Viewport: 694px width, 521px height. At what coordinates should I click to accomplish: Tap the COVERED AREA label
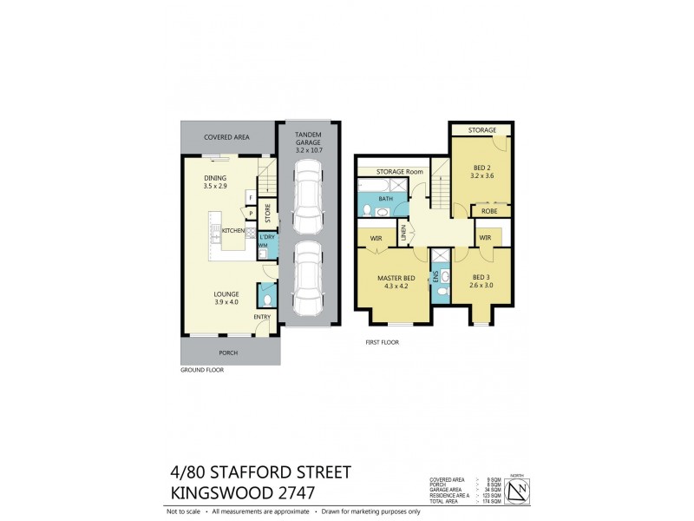pyautogui.click(x=227, y=137)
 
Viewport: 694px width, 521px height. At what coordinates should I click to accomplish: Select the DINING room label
pyautogui.click(x=216, y=178)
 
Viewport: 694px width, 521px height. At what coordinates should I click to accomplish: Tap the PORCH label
pyautogui.click(x=227, y=353)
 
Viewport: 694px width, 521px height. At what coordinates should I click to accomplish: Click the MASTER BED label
pyautogui.click(x=396, y=278)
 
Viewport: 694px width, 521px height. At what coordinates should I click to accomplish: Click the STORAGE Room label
pyautogui.click(x=400, y=172)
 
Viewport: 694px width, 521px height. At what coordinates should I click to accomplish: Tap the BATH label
pyautogui.click(x=385, y=199)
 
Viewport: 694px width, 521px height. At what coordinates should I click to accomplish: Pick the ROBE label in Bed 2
pyautogui.click(x=489, y=211)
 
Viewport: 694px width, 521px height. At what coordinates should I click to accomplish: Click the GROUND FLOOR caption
pyautogui.click(x=202, y=370)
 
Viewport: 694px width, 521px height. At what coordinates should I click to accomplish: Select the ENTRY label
pyautogui.click(x=262, y=316)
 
